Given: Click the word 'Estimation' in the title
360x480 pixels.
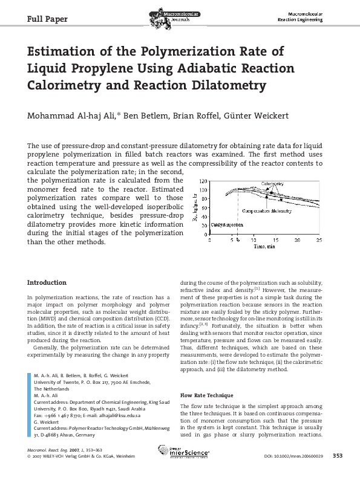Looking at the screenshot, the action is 71,52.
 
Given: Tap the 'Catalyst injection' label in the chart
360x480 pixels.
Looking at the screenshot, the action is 227,224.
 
